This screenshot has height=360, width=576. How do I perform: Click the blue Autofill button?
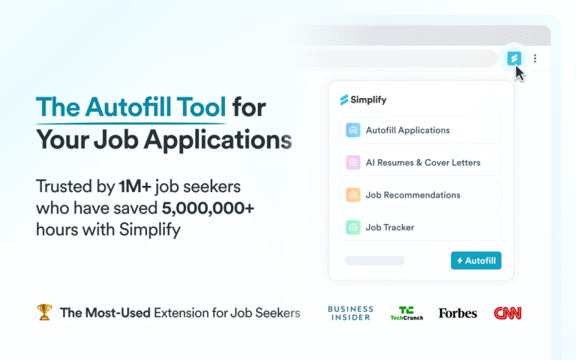(x=475, y=260)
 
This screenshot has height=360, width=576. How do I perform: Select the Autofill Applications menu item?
(x=420, y=130)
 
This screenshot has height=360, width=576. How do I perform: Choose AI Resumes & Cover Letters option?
(x=420, y=162)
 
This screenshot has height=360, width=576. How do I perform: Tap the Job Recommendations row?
(x=420, y=195)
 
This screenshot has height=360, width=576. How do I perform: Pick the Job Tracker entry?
(x=420, y=227)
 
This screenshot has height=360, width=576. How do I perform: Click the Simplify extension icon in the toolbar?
(x=514, y=58)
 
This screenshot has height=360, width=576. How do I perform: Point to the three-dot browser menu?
(x=535, y=58)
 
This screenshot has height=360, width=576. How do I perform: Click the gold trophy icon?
(x=44, y=312)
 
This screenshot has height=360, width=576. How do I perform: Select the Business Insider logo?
(x=350, y=313)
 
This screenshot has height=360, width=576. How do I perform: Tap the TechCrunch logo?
(x=406, y=313)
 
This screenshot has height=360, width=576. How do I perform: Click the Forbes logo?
(x=457, y=313)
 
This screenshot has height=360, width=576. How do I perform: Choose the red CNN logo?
(x=508, y=313)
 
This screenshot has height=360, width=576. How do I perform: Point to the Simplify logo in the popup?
(x=363, y=100)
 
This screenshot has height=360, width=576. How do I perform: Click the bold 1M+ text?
(x=135, y=187)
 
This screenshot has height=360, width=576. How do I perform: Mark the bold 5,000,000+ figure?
(x=208, y=208)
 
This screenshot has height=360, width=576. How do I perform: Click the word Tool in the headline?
(x=201, y=107)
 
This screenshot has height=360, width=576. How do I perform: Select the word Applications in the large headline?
(x=217, y=140)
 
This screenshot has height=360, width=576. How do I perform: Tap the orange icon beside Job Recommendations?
(x=353, y=195)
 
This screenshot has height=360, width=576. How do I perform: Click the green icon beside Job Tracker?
(x=353, y=227)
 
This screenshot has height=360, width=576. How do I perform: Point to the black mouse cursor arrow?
(x=520, y=73)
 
